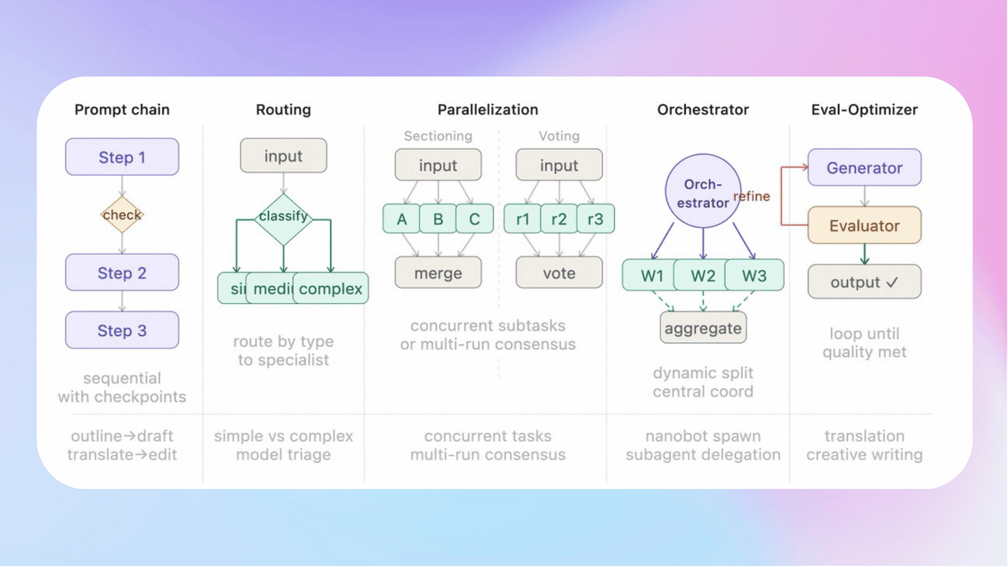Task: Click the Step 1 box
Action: (x=122, y=157)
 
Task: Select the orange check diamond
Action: (x=122, y=214)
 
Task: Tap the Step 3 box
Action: (x=122, y=330)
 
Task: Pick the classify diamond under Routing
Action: (x=283, y=215)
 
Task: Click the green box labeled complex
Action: (x=331, y=288)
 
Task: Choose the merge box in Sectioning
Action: (x=438, y=273)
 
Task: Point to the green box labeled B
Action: (x=438, y=219)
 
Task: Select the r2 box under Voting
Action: (x=559, y=219)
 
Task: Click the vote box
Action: (x=559, y=273)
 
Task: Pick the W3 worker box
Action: (x=754, y=276)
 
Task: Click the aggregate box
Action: (x=703, y=328)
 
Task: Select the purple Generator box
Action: (x=864, y=168)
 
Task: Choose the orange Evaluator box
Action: (x=864, y=225)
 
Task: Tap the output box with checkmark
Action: (x=864, y=282)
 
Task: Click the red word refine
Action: (x=752, y=197)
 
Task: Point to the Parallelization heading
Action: (x=487, y=109)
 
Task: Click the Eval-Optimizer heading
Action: (x=864, y=109)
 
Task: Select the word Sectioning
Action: (x=438, y=136)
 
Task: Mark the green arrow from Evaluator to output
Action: (x=864, y=254)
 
